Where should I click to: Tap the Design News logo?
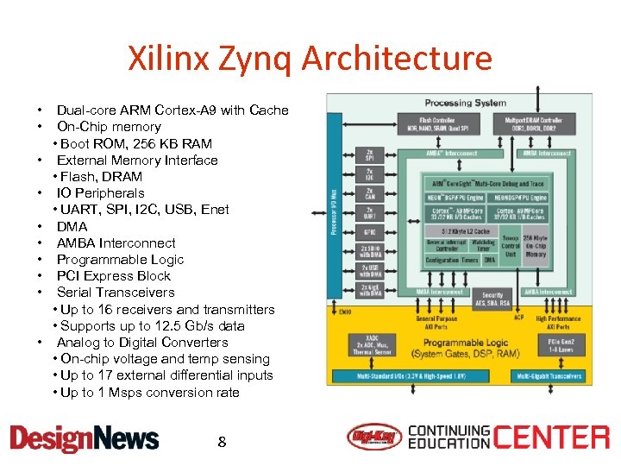[x=84, y=438]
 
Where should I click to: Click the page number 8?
[x=222, y=442]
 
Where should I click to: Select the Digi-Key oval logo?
[x=374, y=438]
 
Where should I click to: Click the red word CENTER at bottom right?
[x=551, y=438]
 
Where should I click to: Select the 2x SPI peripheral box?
[x=370, y=156]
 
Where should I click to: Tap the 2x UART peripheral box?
[x=370, y=212]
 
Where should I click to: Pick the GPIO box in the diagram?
[x=370, y=232]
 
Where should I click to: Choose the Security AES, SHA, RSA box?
[x=492, y=299]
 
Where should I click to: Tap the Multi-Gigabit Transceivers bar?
[x=548, y=376]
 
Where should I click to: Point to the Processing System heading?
[x=465, y=104]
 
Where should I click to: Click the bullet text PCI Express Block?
[x=113, y=276]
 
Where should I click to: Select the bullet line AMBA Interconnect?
[x=116, y=243]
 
